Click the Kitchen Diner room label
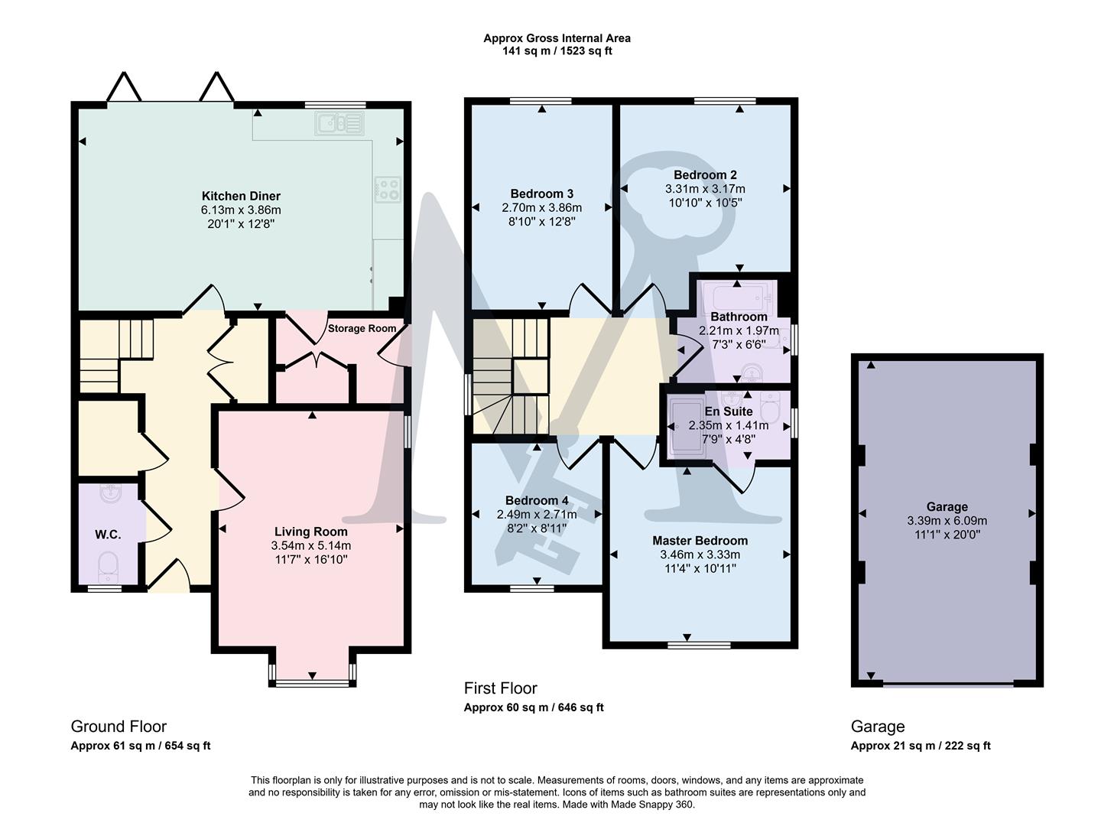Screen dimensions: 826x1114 pos(241,196)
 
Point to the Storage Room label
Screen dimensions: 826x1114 pos(362,329)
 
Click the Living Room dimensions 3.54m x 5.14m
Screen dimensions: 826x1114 pos(310,545)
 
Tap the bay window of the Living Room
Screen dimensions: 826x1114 pos(312,682)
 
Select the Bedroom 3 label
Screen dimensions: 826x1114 pos(541,193)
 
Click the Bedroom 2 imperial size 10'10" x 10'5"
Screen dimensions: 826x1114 pos(705,203)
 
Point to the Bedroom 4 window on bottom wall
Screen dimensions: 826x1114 pos(532,588)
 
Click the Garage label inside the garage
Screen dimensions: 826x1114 pos(947,506)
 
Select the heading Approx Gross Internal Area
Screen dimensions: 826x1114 pos(557,38)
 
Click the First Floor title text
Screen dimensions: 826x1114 pos(500,688)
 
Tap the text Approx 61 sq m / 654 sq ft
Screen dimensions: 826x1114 pos(140,746)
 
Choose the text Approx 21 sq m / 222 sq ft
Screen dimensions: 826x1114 pos(920,746)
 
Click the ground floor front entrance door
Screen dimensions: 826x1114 pos(168,579)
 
